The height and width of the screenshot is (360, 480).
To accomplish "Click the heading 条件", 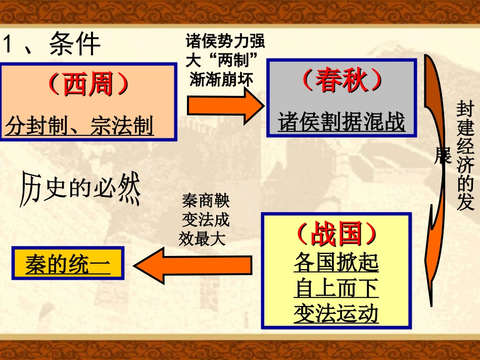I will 75,44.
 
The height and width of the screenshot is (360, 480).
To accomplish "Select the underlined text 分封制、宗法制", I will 80,125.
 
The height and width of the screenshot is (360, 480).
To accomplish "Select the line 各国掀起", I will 336,263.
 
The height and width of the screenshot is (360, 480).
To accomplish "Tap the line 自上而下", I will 336,289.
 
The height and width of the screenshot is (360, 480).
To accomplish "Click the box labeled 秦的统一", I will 68,265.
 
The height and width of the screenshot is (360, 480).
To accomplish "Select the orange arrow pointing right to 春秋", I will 225,105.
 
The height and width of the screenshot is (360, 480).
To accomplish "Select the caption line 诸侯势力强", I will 225,40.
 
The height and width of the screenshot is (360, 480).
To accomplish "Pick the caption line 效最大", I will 203,239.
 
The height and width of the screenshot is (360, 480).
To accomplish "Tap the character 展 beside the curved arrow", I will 442,158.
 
